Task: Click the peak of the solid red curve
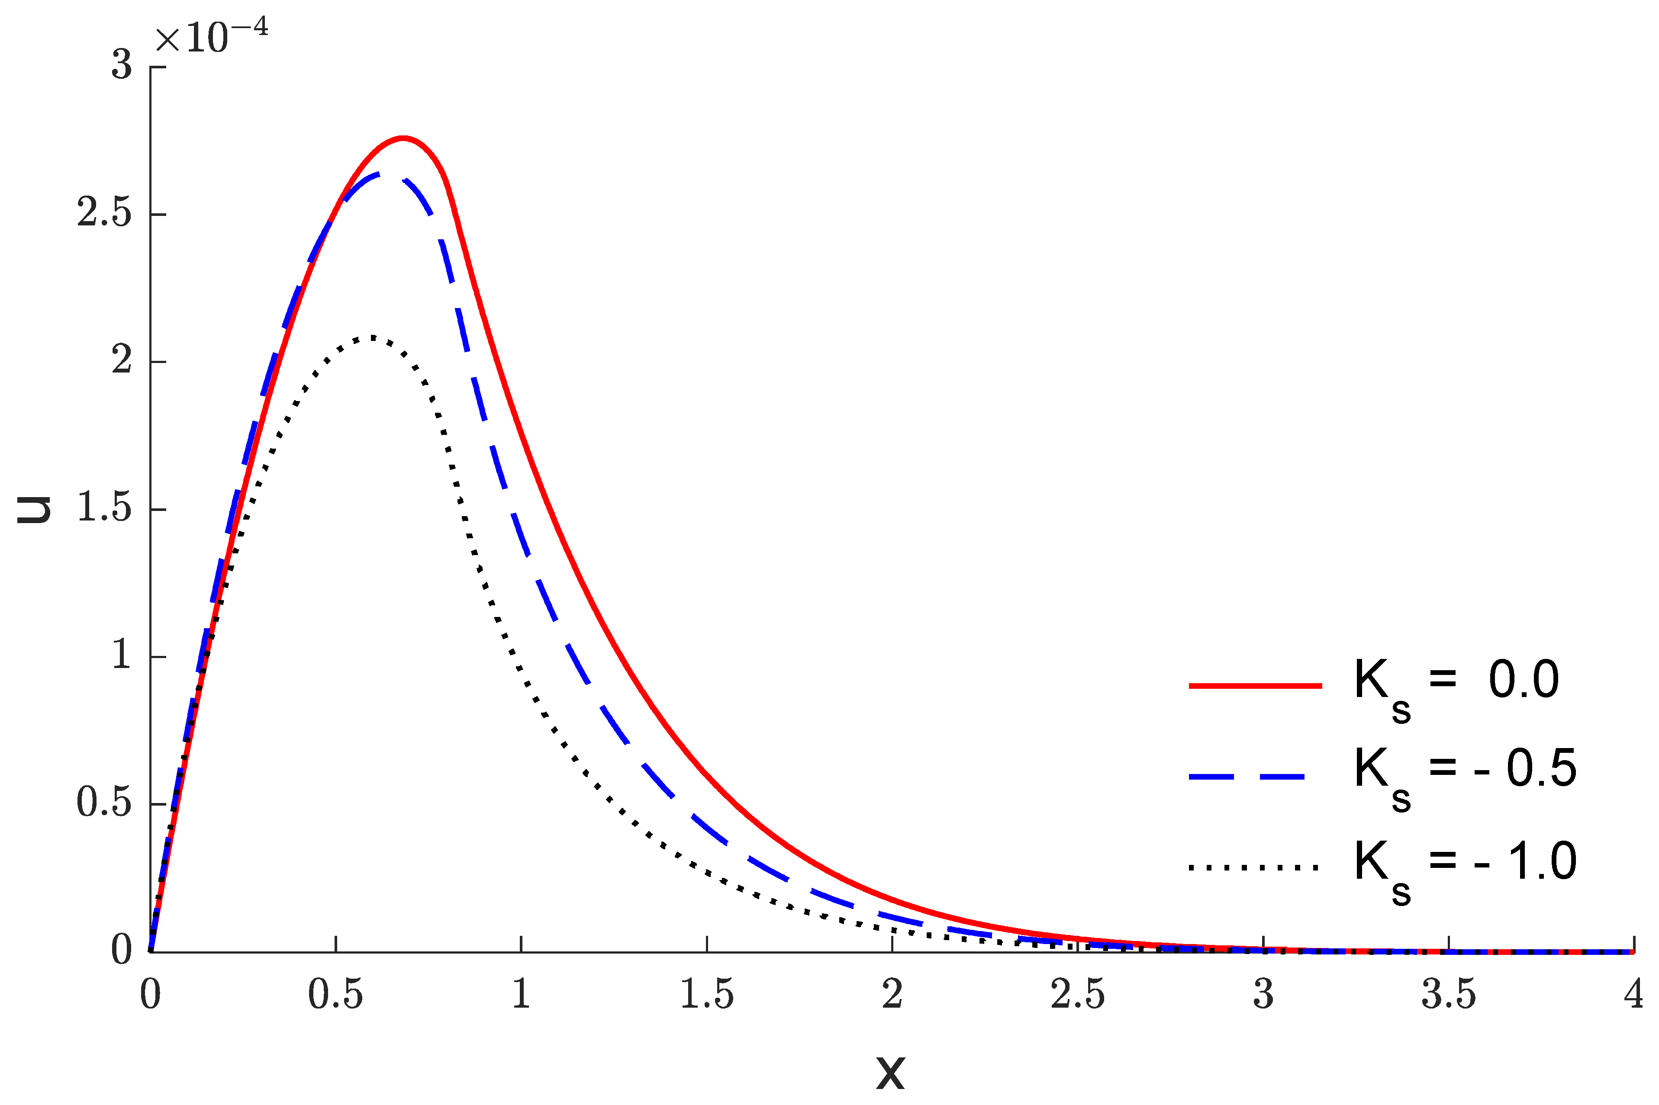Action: [403, 138]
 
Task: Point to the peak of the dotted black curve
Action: [371, 337]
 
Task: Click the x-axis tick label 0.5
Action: [335, 994]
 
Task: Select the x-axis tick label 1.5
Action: [706, 994]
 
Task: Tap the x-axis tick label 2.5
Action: [1077, 994]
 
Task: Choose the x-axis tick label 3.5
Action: [1448, 994]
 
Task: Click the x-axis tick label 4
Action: [1633, 994]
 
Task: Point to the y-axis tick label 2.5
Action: [104, 213]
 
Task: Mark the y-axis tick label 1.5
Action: [104, 508]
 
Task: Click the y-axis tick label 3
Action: [121, 65]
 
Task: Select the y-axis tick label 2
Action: [121, 361]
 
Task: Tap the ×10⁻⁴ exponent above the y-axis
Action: [212, 37]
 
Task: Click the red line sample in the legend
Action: [1255, 685]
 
